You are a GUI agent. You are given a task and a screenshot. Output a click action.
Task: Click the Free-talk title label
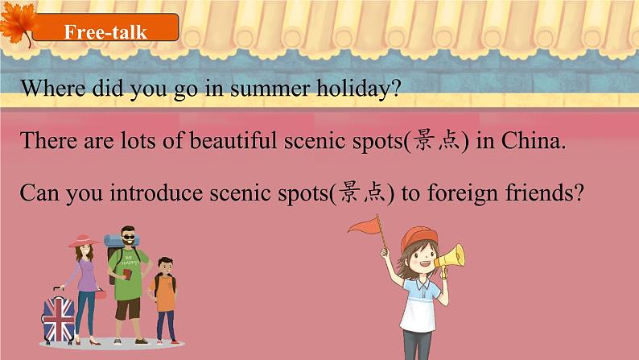click(105, 31)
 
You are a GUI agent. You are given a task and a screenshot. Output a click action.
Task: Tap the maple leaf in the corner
click(18, 24)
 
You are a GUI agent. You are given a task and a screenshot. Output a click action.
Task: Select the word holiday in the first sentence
click(361, 89)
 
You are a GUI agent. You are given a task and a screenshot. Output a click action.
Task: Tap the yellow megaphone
click(450, 258)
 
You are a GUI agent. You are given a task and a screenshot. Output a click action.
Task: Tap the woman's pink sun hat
click(84, 241)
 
